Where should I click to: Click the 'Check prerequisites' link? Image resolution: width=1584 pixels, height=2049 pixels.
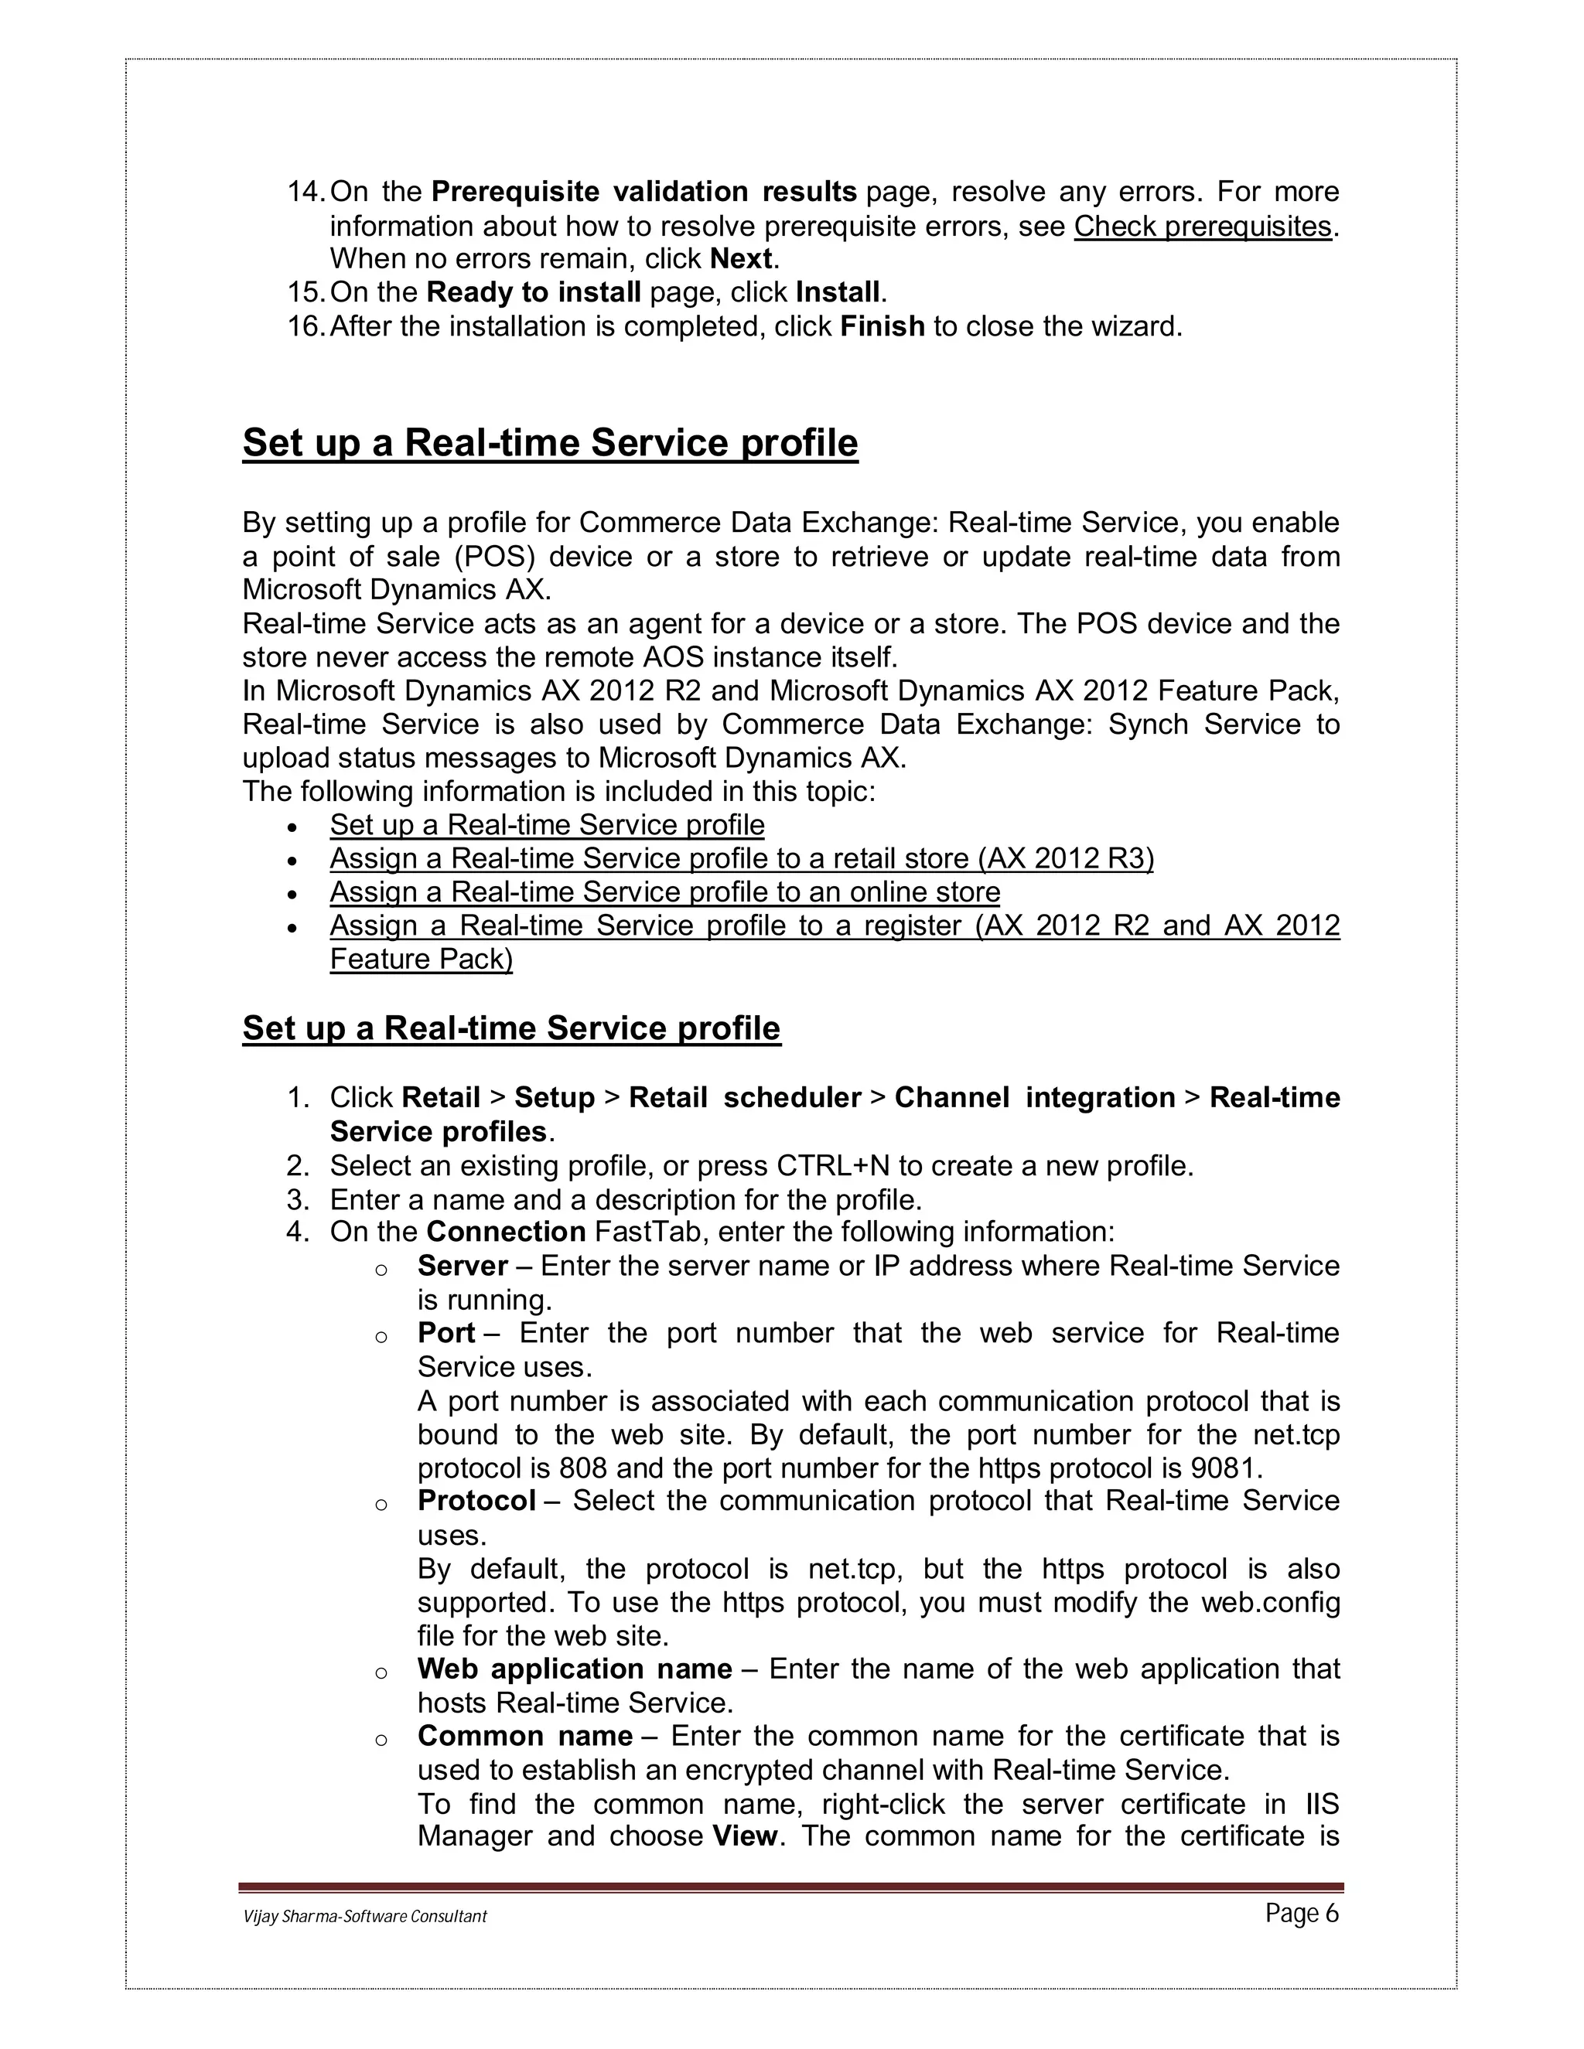1202,226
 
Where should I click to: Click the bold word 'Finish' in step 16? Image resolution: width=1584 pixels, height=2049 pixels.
882,326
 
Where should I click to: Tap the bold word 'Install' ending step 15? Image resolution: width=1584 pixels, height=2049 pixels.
837,293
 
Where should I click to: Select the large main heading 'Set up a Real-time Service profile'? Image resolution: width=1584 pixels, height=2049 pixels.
550,443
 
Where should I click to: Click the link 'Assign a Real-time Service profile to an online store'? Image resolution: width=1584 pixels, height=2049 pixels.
664,892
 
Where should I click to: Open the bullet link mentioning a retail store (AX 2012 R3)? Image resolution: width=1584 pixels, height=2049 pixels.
741,858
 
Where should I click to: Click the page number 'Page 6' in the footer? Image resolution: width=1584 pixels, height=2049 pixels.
1302,1913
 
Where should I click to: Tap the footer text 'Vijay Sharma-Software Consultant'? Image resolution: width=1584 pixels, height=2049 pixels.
365,1917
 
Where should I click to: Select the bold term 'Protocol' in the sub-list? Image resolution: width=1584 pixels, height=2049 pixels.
476,1501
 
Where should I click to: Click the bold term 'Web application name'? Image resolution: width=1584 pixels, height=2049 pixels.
575,1669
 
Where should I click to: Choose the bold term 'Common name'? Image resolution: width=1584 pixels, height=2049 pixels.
524,1736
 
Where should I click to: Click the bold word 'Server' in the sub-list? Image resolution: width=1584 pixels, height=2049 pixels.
463,1266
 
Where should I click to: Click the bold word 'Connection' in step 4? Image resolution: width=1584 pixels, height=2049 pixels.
506,1232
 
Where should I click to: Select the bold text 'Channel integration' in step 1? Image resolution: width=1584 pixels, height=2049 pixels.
1034,1098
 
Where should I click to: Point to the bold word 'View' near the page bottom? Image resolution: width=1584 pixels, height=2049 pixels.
745,1836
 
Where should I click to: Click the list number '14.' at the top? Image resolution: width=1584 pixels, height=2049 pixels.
306,193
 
